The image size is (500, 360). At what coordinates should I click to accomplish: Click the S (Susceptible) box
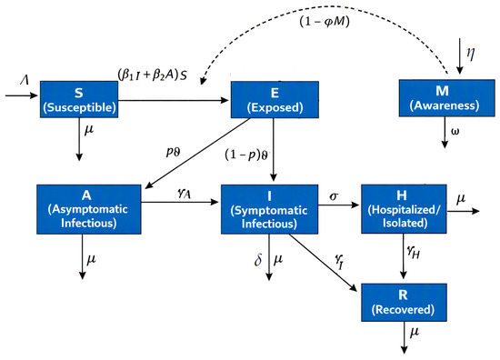point(79,99)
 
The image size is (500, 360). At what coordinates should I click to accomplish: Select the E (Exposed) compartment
point(275,99)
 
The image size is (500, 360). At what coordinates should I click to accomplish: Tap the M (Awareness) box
point(446,98)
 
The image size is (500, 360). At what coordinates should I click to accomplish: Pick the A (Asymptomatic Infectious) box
point(89,209)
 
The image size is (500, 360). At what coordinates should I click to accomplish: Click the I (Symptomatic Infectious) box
point(269,209)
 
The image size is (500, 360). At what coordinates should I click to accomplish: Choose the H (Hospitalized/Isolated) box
point(404,209)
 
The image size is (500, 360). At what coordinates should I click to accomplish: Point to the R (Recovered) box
point(404,303)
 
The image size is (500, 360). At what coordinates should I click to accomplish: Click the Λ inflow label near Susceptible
point(25,79)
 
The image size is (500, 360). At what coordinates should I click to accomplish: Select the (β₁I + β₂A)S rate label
point(152,75)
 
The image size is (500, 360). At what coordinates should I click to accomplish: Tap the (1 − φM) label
point(325,22)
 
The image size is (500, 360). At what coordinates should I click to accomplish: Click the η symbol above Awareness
point(471,53)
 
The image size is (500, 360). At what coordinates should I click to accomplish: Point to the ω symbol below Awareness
point(455,132)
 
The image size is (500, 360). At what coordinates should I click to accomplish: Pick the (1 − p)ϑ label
point(246,155)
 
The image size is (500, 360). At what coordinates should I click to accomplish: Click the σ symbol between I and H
point(334,196)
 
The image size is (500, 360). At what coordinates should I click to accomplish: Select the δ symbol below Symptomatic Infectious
point(258,260)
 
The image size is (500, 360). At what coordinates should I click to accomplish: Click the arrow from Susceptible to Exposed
point(174,100)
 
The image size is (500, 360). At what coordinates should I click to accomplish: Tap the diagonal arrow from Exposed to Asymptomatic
point(197,154)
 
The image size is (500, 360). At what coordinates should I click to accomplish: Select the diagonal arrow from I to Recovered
point(323,263)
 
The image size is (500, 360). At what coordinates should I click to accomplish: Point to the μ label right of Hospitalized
point(461,199)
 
